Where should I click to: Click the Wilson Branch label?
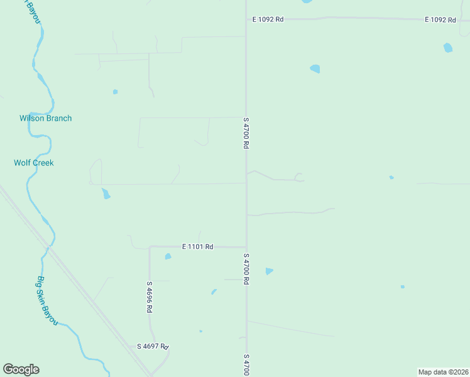coord(45,118)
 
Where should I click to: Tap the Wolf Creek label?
coord(34,163)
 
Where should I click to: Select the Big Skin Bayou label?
coord(47,300)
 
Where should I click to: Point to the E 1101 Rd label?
coord(198,247)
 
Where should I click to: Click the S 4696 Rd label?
coord(150,297)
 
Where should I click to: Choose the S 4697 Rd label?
coord(153,346)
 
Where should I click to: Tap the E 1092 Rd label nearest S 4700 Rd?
coord(268,19)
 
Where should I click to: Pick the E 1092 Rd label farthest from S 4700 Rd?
coord(440,19)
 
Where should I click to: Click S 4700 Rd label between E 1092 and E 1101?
coord(246,132)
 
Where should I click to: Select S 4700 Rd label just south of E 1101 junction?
coord(246,269)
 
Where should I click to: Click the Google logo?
coord(21,369)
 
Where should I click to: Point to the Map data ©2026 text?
coord(444,371)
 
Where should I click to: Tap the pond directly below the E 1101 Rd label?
coord(168,256)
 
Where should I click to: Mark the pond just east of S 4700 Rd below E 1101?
coord(269,271)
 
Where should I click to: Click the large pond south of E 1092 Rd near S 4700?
coord(315,68)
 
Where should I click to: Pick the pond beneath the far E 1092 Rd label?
coord(447,47)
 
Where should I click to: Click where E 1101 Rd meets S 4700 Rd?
coord(246,247)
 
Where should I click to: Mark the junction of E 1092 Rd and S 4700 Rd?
coord(246,19)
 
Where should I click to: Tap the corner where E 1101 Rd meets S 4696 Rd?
coord(150,248)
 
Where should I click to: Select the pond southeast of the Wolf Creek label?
coord(106,194)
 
